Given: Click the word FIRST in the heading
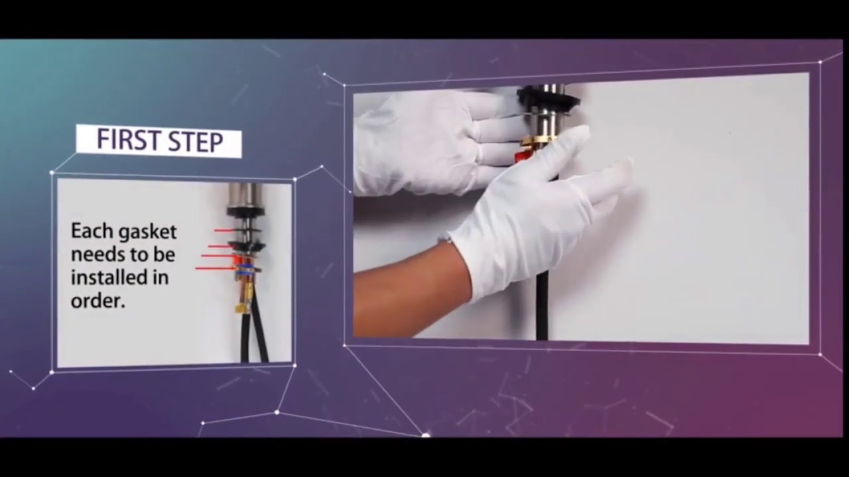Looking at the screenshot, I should pyautogui.click(x=126, y=141).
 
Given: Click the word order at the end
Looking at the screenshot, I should pyautogui.click(x=98, y=301).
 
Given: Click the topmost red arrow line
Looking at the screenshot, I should pyautogui.click(x=226, y=230).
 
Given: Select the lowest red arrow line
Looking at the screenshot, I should pyautogui.click(x=214, y=268).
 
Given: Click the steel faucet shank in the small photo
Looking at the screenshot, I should pyautogui.click(x=245, y=195).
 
